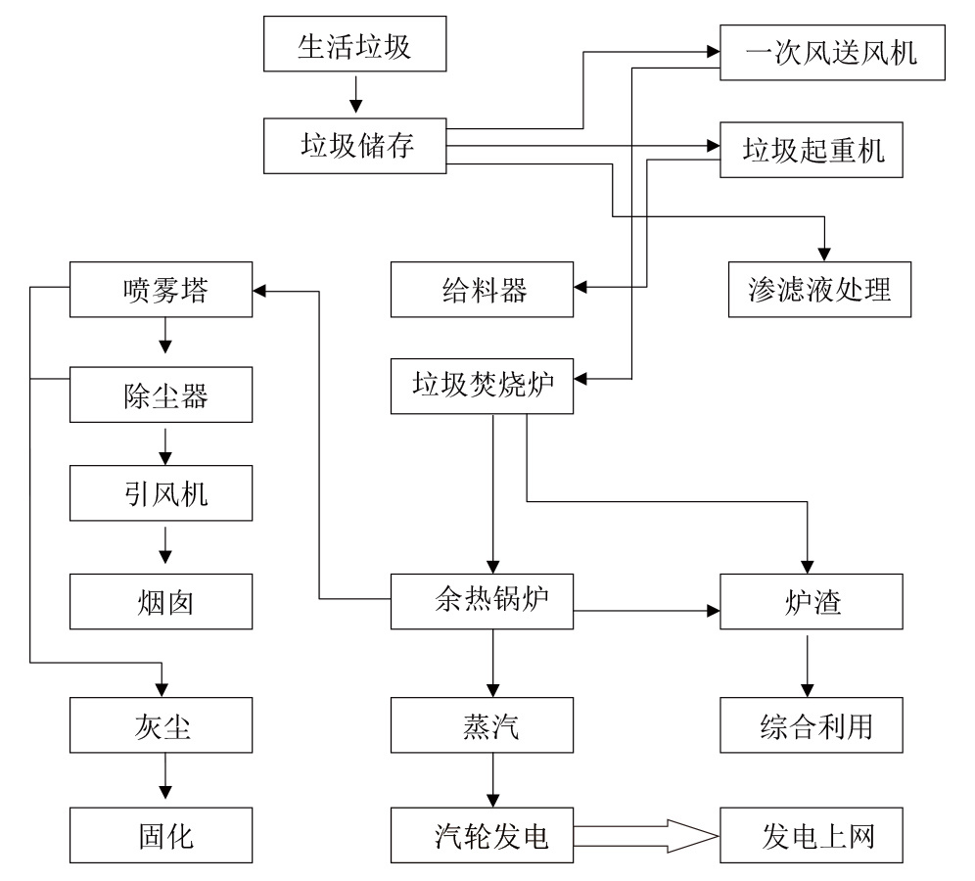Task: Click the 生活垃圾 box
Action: [354, 45]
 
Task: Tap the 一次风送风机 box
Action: [832, 52]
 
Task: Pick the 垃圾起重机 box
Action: [811, 150]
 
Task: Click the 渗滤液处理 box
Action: [820, 290]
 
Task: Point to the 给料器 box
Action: [482, 290]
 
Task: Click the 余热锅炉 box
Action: [482, 600]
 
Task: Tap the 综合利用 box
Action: [811, 726]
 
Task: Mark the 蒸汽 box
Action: [482, 726]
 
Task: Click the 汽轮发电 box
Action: [482, 835]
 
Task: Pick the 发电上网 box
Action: [811, 835]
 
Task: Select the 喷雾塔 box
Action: [162, 290]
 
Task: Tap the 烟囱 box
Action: [162, 600]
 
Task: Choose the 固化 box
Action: [162, 835]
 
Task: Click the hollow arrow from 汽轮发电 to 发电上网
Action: [646, 835]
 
